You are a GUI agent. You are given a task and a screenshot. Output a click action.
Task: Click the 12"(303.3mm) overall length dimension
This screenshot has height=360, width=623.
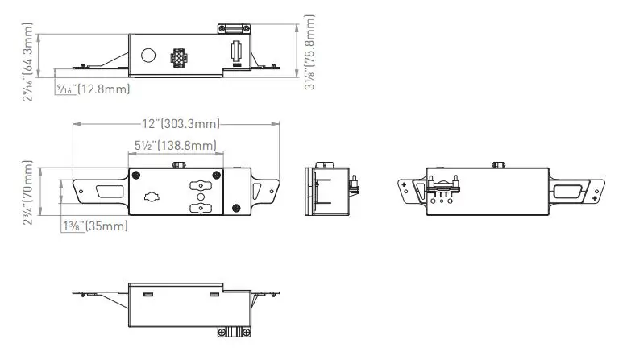(181, 124)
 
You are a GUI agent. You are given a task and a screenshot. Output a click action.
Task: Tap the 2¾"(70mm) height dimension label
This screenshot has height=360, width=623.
(29, 192)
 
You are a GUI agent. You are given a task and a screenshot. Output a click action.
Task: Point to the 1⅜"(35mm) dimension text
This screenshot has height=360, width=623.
(95, 226)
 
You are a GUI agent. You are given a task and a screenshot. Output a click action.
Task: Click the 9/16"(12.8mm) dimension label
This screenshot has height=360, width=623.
(92, 89)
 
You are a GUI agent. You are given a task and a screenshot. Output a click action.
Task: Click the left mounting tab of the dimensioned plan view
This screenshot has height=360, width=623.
(100, 192)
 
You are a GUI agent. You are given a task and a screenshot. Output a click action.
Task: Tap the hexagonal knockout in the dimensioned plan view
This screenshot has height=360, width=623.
(151, 197)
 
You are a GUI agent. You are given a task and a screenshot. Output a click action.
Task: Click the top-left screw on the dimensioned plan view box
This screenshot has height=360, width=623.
(136, 176)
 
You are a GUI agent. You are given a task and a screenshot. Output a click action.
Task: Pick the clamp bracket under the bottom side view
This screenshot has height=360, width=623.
(235, 330)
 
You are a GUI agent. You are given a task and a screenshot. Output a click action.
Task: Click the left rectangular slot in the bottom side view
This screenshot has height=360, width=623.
(148, 295)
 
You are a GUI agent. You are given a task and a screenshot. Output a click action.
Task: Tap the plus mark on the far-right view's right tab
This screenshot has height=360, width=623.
(594, 197)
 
